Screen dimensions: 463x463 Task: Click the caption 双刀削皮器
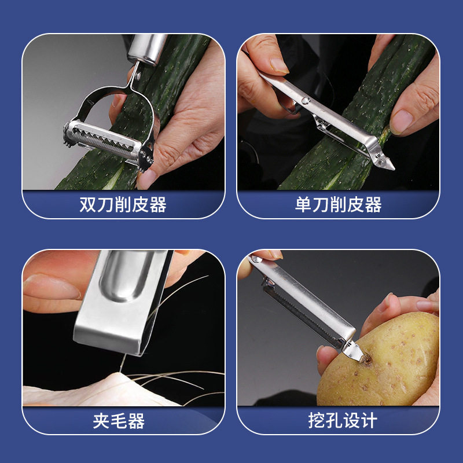tap(123, 205)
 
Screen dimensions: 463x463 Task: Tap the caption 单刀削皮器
tap(338, 205)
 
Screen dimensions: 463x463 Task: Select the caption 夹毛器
tap(119, 421)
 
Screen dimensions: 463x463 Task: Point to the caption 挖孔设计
tap(343, 420)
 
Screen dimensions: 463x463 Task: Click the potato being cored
tap(381, 363)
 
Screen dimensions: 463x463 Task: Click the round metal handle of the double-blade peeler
tap(147, 49)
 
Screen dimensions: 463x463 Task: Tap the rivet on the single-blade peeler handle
tap(306, 101)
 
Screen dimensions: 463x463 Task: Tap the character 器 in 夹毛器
tap(137, 421)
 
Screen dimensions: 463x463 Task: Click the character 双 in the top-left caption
tap(88, 205)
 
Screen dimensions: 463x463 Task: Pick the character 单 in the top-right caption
tap(303, 205)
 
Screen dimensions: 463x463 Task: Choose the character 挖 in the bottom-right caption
tap(316, 420)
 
